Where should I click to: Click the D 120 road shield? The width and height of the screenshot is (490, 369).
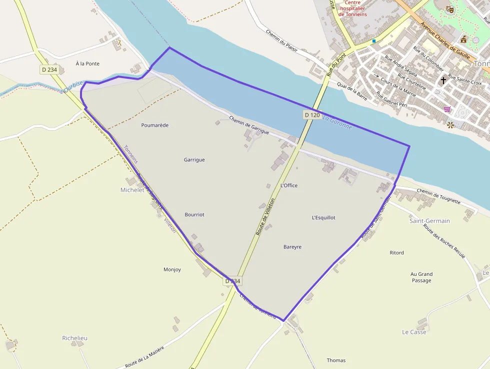(x=312, y=115)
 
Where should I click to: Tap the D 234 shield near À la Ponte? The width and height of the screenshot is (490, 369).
(x=49, y=70)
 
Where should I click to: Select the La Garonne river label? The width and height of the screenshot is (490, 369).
(x=337, y=123)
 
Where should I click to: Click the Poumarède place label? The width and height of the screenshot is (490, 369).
(x=155, y=125)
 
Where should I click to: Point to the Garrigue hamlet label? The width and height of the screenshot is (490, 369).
(x=194, y=160)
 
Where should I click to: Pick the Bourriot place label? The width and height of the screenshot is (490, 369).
(x=194, y=214)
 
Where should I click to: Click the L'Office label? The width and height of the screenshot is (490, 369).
(x=289, y=185)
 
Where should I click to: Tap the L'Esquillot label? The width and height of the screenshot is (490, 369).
(x=323, y=218)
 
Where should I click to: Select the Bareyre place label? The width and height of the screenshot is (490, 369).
(x=292, y=247)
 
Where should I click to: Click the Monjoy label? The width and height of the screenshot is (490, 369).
(x=172, y=269)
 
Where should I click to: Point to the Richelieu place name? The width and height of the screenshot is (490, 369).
(x=75, y=338)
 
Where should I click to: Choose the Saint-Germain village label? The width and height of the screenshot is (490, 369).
(x=429, y=221)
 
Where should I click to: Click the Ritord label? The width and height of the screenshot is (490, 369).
(x=397, y=253)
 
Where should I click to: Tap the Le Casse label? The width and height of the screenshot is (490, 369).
(x=414, y=332)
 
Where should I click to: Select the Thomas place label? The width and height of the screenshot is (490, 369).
(x=336, y=360)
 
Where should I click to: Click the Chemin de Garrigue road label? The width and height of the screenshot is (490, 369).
(x=249, y=126)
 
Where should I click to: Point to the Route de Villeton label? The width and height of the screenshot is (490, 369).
(x=265, y=217)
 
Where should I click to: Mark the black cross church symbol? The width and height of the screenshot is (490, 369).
(x=443, y=80)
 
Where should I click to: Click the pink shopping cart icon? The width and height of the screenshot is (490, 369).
(x=447, y=109)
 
